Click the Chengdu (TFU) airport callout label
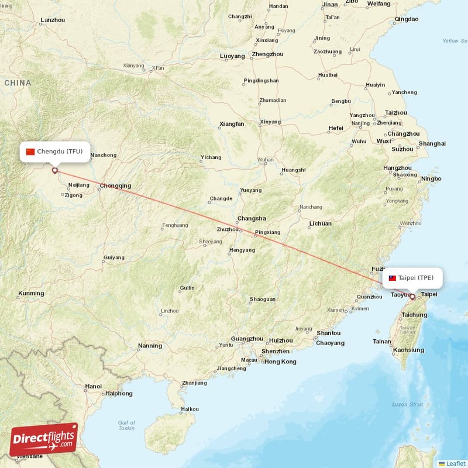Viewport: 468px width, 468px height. click(55, 152)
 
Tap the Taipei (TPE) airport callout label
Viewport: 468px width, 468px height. click(412, 278)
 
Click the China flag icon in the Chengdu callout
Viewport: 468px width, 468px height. click(30, 152)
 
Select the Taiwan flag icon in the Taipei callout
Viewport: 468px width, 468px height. click(393, 278)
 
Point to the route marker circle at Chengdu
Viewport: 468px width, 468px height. click(55, 171)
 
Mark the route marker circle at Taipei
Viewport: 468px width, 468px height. click(412, 297)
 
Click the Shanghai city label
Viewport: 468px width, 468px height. click(432, 143)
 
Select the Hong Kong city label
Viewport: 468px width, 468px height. click(280, 362)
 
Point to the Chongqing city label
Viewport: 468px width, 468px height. click(115, 186)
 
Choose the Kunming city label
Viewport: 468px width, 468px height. click(30, 293)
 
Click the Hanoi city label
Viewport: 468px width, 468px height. click(93, 386)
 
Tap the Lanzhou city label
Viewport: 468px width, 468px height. click(53, 20)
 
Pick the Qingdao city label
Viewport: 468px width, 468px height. click(407, 19)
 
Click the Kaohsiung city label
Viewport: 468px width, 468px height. click(408, 350)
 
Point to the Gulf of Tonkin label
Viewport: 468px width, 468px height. click(126, 426)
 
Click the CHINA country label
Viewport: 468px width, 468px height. click(18, 83)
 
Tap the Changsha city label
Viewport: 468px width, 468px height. click(251, 219)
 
